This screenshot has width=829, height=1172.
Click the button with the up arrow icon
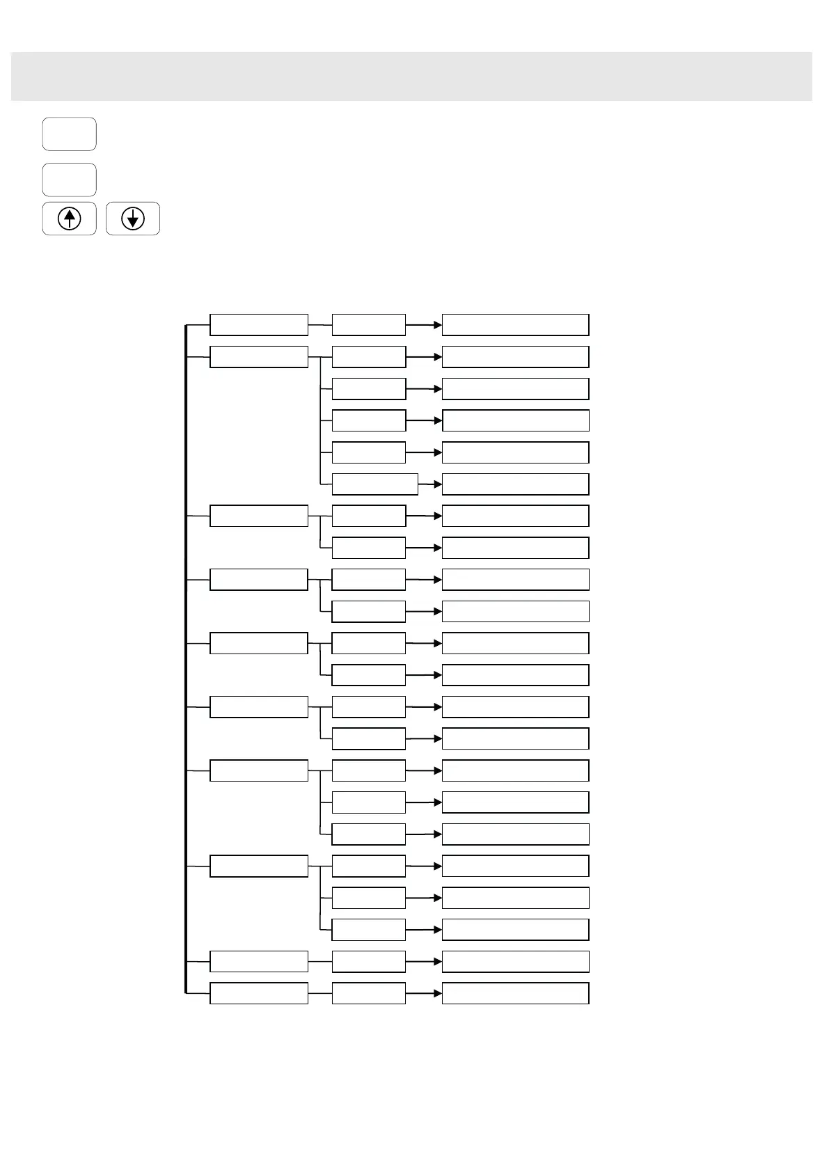coord(69,219)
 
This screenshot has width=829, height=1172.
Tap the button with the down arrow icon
coord(133,219)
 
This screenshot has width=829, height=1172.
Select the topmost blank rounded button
coord(69,134)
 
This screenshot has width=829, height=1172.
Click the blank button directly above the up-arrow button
coord(69,180)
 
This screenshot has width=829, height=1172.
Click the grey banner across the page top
coord(411,76)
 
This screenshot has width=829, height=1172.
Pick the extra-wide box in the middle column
coord(374,484)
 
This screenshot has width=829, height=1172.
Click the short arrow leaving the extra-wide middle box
coord(429,484)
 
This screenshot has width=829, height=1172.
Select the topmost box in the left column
coord(258,325)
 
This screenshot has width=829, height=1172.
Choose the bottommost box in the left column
coord(258,993)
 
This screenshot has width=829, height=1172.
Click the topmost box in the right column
coord(515,325)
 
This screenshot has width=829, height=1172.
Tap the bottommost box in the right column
coord(515,993)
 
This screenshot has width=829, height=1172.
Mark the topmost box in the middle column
coord(368,325)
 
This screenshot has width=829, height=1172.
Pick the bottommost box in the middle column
coord(368,993)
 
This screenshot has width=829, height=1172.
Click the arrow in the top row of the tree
coord(423,325)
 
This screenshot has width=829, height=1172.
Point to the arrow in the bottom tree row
coord(423,993)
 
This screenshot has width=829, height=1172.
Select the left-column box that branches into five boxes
coord(258,357)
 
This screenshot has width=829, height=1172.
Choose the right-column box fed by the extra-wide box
coord(515,484)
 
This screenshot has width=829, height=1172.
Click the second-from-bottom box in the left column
coord(258,961)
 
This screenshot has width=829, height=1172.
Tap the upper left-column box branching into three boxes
coord(258,770)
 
